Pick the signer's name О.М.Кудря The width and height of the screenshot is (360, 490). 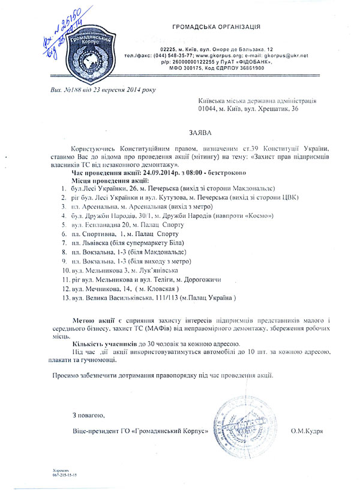pyautogui.click(x=307, y=431)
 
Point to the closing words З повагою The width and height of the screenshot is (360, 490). pyautogui.click(x=88, y=416)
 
